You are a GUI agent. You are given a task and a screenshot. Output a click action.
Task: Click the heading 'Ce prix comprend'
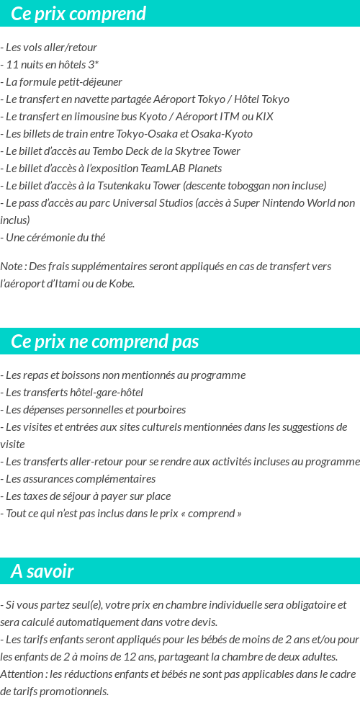click(x=78, y=14)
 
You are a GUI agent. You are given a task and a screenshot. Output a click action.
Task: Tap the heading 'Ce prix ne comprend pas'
click(x=105, y=341)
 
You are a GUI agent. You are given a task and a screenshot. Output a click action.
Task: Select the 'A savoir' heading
click(x=42, y=571)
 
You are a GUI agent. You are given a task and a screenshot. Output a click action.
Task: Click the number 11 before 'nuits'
click(x=12, y=65)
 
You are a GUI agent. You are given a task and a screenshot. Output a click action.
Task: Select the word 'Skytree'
click(x=186, y=151)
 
